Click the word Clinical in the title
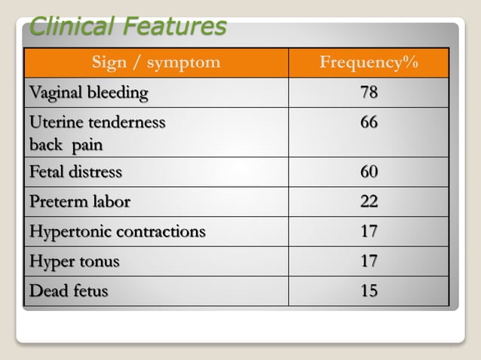click(72, 27)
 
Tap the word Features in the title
click(174, 27)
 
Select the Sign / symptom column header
click(156, 63)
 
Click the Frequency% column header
click(369, 63)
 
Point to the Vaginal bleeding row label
click(89, 93)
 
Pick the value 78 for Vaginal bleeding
click(369, 93)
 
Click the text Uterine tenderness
click(97, 122)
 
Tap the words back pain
click(66, 143)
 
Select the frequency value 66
click(369, 122)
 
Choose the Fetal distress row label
click(75, 172)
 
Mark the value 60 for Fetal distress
click(369, 172)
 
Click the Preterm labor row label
click(80, 202)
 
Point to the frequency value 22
click(369, 202)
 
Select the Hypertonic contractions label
click(117, 231)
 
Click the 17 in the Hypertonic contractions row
click(369, 231)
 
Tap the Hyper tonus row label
click(74, 261)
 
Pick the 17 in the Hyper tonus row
click(369, 261)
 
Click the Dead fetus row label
click(69, 291)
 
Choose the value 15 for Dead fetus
click(369, 291)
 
